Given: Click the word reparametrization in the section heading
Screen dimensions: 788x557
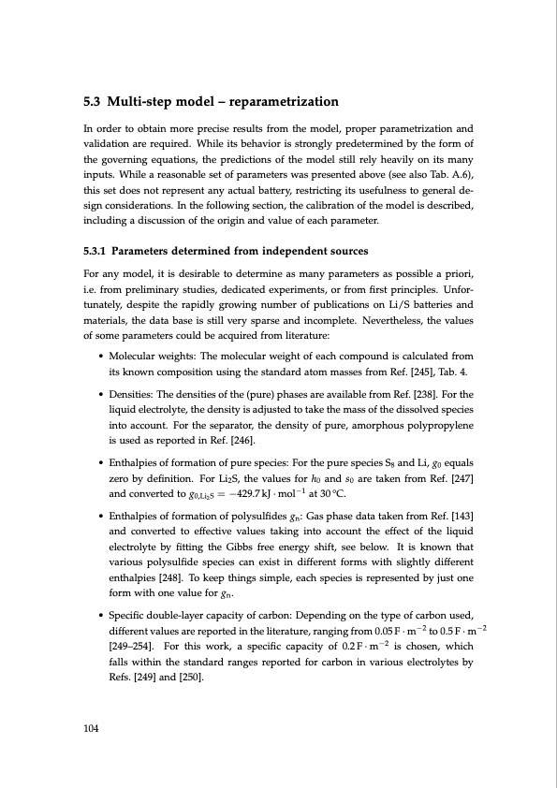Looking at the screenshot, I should [280, 101].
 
